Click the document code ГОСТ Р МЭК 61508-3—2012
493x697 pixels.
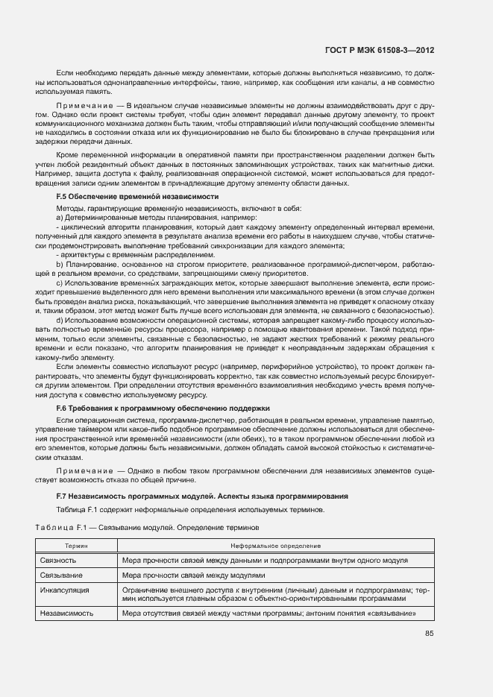(380, 50)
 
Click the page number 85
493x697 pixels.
(430, 634)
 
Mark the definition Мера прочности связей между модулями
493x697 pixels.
(194, 575)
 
